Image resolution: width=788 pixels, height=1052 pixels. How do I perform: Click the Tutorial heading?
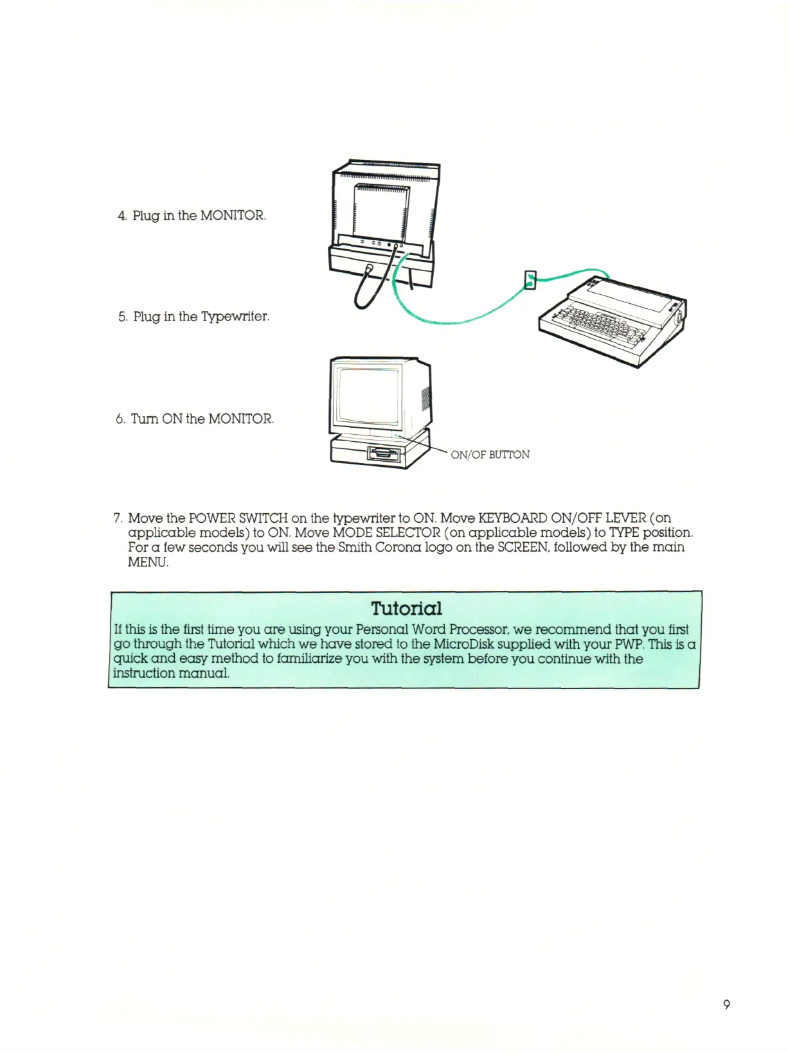[x=406, y=608]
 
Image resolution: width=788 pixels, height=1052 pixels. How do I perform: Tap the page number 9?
[x=726, y=1004]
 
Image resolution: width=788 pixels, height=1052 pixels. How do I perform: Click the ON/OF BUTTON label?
[x=490, y=455]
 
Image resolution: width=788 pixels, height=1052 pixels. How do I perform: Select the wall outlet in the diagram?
[x=530, y=280]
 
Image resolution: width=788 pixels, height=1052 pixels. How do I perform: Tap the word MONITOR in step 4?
[x=232, y=215]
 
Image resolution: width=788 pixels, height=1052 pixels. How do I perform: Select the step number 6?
[x=120, y=419]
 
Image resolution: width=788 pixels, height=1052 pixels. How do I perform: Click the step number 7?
[x=118, y=518]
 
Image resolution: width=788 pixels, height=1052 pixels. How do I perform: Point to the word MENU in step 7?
[x=147, y=562]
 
